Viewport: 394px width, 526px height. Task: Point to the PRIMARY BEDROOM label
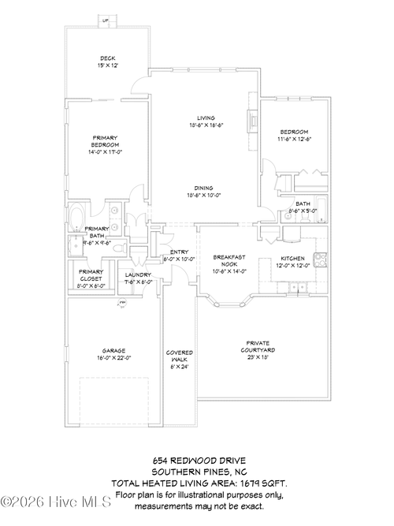click(x=105, y=141)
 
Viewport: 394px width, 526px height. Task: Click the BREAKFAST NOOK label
click(x=229, y=261)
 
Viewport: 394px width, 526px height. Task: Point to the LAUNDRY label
click(x=139, y=275)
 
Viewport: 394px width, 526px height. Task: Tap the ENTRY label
click(x=179, y=252)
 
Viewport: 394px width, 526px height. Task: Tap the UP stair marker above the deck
click(x=105, y=21)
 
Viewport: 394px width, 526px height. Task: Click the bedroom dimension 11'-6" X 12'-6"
click(x=294, y=139)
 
